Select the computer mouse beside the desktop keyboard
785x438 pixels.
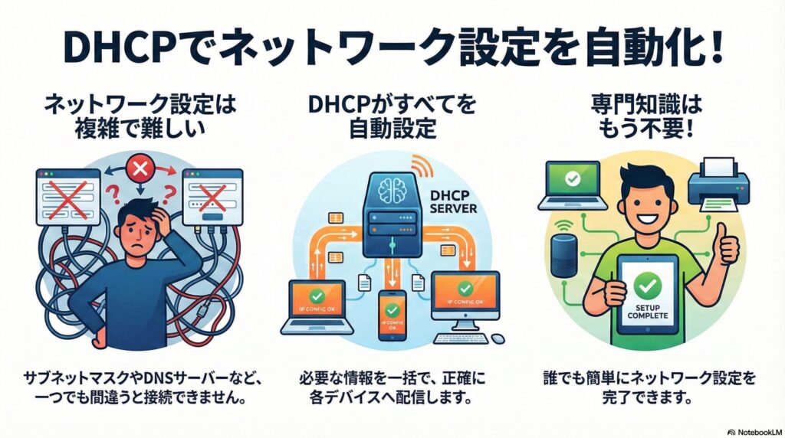click(x=498, y=338)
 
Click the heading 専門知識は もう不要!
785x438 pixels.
click(x=648, y=116)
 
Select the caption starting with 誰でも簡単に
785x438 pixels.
click(x=649, y=386)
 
